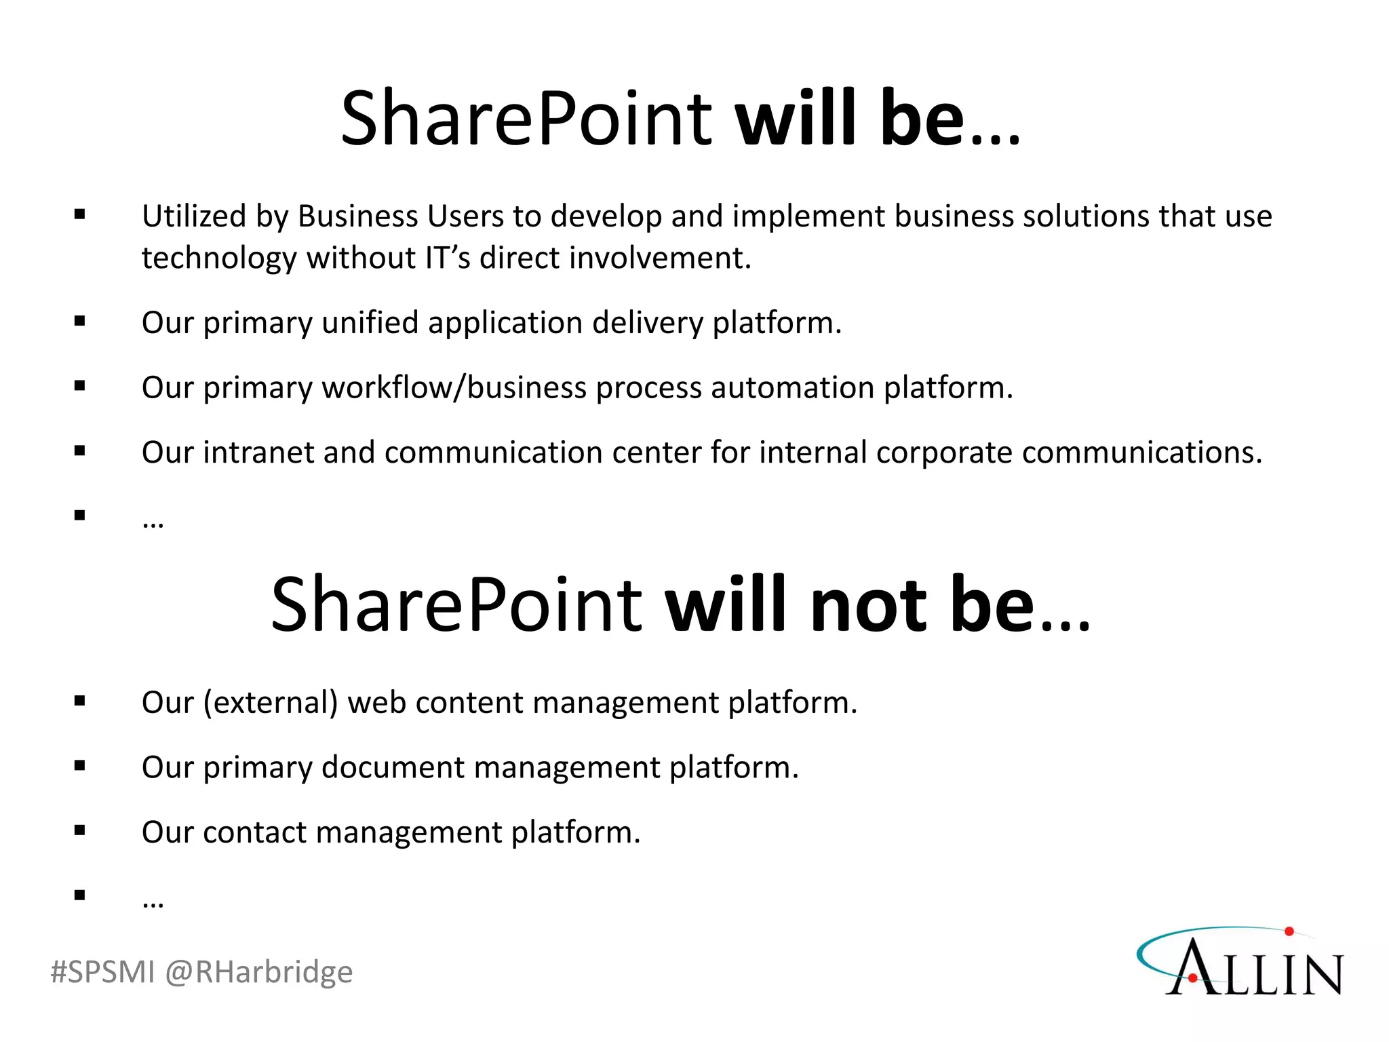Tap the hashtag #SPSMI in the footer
[102, 972]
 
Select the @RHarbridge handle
[258, 972]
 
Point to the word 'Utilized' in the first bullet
[193, 216]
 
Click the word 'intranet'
[258, 452]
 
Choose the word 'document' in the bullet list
[393, 768]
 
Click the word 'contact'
[254, 832]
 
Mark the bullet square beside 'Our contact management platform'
[80, 830]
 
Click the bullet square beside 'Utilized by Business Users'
[80, 215]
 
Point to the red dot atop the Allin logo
[1289, 931]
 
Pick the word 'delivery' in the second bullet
[647, 323]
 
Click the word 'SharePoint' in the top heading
[526, 119]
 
